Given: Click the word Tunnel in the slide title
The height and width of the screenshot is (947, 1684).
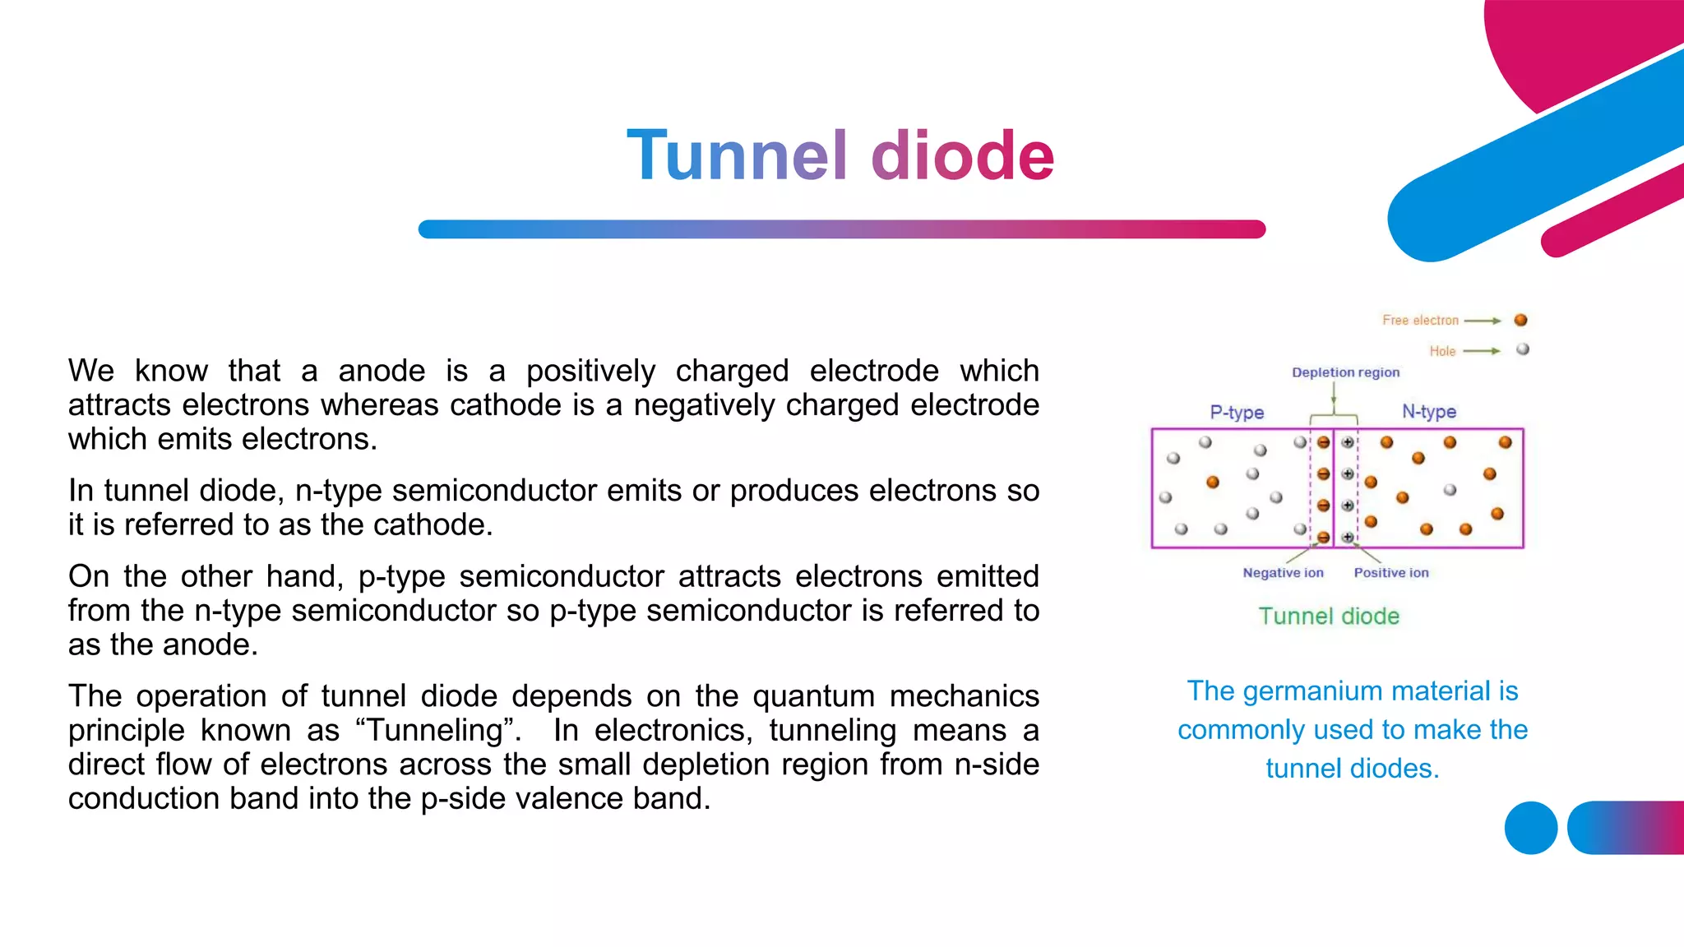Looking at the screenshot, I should (736, 155).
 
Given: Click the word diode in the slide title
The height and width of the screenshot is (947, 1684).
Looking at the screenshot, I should (962, 155).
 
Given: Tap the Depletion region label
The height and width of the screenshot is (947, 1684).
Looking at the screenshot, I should (1345, 372).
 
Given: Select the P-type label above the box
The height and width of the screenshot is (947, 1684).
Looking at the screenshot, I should (1237, 412).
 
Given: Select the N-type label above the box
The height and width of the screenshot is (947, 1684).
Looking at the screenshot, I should (1429, 411).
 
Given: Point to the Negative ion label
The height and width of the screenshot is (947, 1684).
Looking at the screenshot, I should (1283, 573).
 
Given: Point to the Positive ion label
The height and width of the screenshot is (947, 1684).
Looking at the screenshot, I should (1391, 573).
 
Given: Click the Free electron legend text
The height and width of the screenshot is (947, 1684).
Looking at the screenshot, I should (1420, 320).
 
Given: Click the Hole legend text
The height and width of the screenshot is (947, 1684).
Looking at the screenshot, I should (1442, 351).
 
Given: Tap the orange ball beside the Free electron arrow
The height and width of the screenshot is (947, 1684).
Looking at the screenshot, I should (1520, 320).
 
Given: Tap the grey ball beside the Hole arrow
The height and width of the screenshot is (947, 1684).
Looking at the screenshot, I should (1523, 349).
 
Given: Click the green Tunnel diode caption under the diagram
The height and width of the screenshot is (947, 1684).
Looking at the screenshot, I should (1329, 617).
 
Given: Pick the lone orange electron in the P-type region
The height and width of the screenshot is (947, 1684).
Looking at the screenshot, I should (1213, 482).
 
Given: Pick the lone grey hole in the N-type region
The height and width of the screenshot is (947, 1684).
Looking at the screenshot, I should (1450, 490).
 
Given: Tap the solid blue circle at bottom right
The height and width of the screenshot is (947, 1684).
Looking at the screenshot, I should (1530, 828).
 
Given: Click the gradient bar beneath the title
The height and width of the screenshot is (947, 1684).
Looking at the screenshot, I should (841, 229).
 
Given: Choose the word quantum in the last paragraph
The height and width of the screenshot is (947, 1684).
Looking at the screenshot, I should (813, 696).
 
